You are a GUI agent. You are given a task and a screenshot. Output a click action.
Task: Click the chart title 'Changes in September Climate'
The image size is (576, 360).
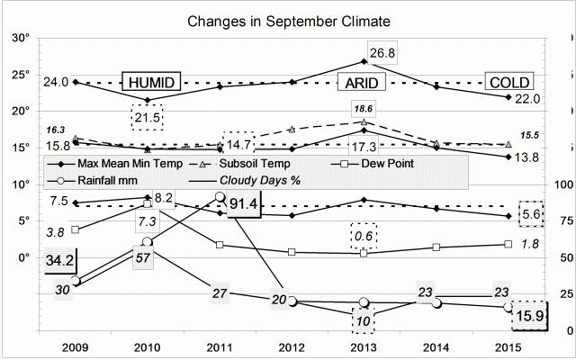288,19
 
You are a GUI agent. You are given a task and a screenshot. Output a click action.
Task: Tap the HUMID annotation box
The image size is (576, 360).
151,81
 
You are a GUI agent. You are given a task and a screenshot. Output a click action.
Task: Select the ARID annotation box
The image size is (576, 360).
361,83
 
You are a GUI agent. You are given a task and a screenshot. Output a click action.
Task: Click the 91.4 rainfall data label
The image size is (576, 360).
242,204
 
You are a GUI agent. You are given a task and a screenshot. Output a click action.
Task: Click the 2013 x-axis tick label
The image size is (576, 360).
363,346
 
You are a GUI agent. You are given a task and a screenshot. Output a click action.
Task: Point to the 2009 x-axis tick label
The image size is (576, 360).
76,346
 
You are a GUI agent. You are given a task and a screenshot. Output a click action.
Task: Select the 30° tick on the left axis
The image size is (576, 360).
21,39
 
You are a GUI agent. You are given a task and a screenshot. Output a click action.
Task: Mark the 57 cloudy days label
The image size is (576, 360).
141,257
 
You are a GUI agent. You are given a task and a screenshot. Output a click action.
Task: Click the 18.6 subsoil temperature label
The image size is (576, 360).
363,108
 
